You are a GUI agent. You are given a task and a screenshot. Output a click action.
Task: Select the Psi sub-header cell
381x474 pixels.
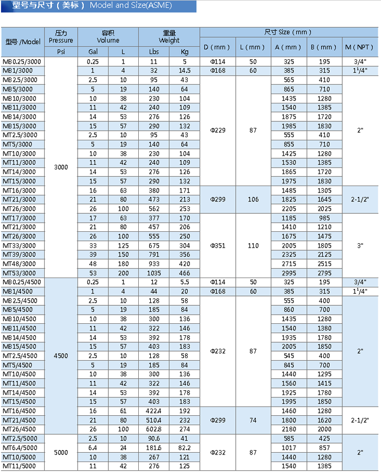pos(60,52)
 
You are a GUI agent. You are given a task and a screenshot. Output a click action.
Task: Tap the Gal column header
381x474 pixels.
pos(93,52)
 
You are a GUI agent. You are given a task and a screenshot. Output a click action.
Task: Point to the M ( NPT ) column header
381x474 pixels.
pos(360,47)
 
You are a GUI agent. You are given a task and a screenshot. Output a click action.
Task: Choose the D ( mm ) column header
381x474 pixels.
pos(217,47)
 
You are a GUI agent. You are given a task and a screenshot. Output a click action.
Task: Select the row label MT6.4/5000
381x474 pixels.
pos(20,448)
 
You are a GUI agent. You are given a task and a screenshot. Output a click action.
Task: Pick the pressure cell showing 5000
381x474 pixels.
pos(60,452)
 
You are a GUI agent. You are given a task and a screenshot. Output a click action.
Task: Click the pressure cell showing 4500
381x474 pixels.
pos(60,355)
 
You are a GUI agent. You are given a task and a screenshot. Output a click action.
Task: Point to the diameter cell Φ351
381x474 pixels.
pos(217,245)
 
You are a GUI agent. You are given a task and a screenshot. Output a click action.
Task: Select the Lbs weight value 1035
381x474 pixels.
pos(154,273)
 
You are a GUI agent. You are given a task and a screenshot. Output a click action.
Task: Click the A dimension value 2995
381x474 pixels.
pos(289,273)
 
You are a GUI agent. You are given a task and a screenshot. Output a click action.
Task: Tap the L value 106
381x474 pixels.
pos(253,199)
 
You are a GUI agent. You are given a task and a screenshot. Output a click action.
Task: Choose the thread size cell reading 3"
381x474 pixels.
pos(360,245)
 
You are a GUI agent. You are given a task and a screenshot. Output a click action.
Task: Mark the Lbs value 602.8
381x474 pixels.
pos(154,429)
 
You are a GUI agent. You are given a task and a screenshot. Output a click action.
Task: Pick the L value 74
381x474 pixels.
pos(253,420)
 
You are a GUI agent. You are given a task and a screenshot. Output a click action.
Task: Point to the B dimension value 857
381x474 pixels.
pos(324,448)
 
